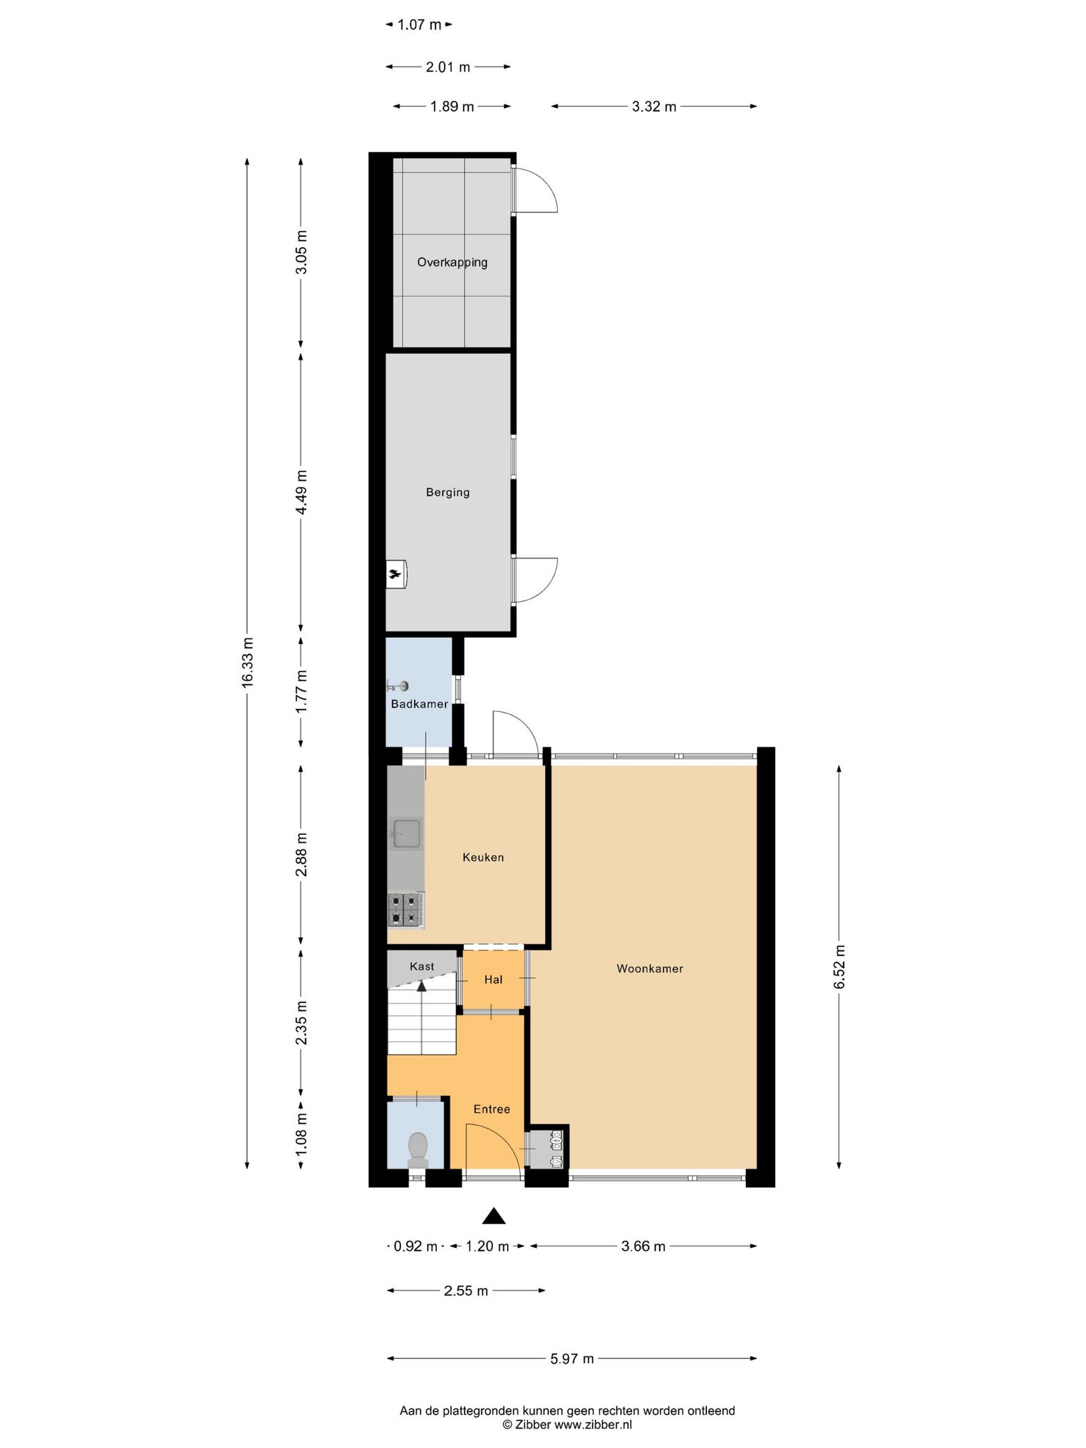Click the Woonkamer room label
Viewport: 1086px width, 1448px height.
(x=650, y=969)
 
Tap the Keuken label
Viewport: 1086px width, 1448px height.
(x=483, y=858)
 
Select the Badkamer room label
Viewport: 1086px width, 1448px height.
(x=419, y=704)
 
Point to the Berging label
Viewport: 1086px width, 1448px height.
(x=448, y=493)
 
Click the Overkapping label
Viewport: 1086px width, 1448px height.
(x=452, y=262)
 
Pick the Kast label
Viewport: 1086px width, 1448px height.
(x=422, y=967)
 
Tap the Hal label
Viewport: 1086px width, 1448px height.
(x=493, y=980)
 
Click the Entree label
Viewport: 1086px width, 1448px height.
(x=491, y=1109)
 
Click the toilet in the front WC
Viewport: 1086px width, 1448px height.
(x=418, y=1150)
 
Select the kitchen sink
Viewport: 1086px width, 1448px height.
(x=406, y=834)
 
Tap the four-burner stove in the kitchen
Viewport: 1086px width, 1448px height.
(x=406, y=910)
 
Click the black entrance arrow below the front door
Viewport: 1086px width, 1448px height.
(x=494, y=1216)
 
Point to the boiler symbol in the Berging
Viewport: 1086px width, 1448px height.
(x=397, y=574)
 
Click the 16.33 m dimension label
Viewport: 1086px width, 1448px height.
(x=247, y=662)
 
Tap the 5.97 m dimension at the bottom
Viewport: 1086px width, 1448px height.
(x=572, y=1358)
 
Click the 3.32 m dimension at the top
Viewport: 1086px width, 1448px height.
(x=654, y=107)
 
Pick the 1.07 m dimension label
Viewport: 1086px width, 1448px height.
(x=419, y=25)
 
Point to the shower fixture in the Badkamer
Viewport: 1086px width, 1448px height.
(x=397, y=685)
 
